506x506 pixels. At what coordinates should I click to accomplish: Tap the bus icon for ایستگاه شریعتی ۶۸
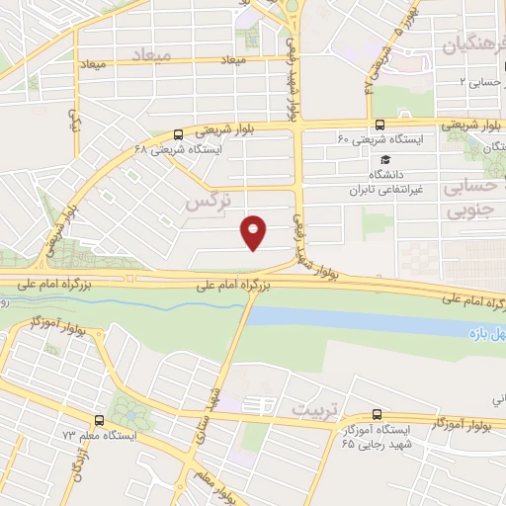click(x=177, y=134)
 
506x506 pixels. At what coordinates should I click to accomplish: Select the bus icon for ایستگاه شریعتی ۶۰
click(x=380, y=125)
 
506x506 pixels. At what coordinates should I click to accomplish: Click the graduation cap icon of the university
click(x=382, y=159)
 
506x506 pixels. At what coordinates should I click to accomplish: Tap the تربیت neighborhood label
click(x=312, y=407)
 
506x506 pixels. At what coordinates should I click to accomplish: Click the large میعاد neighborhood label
click(x=177, y=55)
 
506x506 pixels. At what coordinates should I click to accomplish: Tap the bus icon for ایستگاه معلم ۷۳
click(x=98, y=420)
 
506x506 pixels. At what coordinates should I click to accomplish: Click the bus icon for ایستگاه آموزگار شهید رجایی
click(x=376, y=414)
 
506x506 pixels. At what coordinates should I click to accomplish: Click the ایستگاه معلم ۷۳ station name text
click(x=99, y=436)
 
